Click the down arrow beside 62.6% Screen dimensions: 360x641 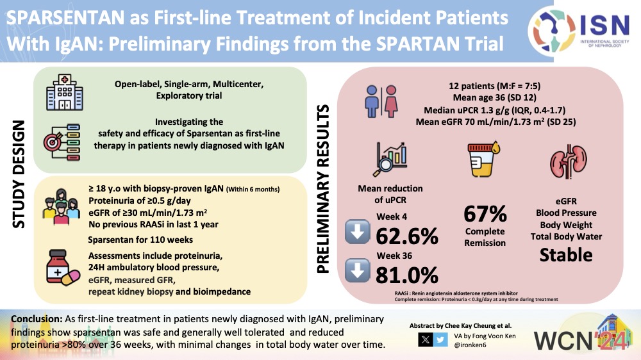click(x=358, y=233)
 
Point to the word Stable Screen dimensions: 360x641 click(x=566, y=254)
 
